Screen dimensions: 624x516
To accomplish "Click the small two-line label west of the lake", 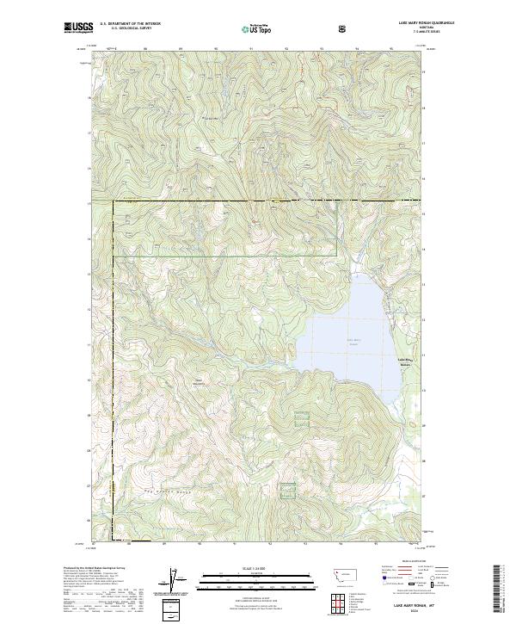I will click(x=200, y=382).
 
